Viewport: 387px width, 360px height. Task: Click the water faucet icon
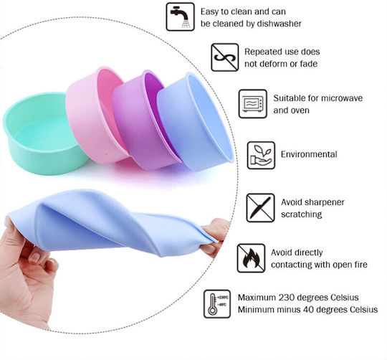pos(180,16)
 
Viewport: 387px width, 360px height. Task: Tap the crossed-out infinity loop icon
pos(225,57)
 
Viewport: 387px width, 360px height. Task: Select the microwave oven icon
pos(253,104)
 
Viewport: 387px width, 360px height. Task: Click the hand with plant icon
pos(261,156)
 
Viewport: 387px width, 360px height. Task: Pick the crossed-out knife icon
pos(260,208)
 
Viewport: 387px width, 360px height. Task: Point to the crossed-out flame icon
pos(251,258)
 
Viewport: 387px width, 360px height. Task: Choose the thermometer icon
pos(217,304)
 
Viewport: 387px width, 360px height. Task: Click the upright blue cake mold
pos(195,122)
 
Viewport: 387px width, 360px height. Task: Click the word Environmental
pos(309,154)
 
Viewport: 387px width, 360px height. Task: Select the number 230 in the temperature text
pos(287,298)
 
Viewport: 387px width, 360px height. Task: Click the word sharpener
pos(325,202)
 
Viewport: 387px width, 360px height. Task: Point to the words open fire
pos(350,265)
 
